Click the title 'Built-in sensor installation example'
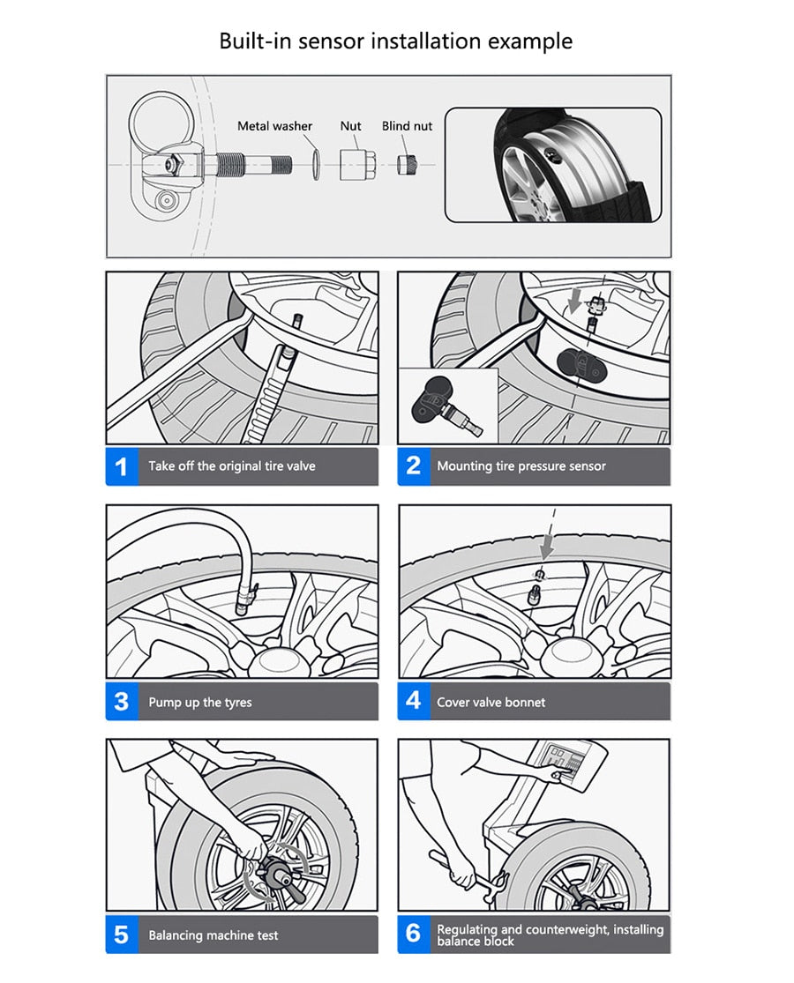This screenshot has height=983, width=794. tap(396, 41)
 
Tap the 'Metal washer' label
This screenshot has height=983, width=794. tap(274, 126)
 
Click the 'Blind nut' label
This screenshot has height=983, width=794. tap(407, 126)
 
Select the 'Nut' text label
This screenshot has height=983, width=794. tap(351, 126)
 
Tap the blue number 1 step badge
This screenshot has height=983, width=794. tap(121, 466)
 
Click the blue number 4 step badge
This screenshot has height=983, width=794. tap(413, 702)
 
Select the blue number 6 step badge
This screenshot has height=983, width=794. tap(413, 934)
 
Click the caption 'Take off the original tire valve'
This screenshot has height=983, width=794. tap(231, 466)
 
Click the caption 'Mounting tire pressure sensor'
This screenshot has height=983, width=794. tap(521, 466)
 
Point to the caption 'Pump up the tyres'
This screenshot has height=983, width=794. tap(199, 703)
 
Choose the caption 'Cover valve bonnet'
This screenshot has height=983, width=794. tap(491, 703)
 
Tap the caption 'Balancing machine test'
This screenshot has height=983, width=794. tap(213, 935)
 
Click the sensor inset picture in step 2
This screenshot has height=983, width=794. tap(448, 406)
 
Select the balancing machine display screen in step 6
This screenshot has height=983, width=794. tap(565, 759)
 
